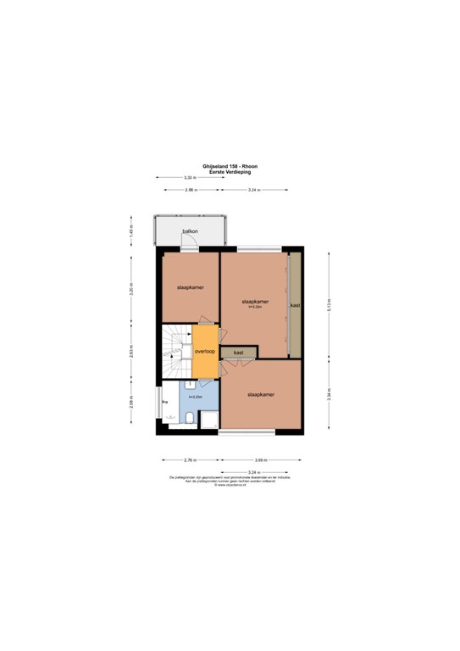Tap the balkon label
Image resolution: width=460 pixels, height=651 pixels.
tap(191, 231)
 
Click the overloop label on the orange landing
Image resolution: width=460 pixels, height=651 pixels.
tap(204, 351)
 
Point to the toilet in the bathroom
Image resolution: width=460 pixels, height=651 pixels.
tap(189, 416)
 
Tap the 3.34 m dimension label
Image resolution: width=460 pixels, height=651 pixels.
tap(327, 396)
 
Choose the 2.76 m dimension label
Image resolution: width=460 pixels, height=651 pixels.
tap(190, 460)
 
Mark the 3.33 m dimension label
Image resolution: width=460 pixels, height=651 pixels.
tap(190, 177)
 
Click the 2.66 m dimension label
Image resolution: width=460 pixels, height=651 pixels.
tap(191, 191)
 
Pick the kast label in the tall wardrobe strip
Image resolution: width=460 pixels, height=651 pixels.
tap(295, 305)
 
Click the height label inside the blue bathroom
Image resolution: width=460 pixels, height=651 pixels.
tap(195, 397)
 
